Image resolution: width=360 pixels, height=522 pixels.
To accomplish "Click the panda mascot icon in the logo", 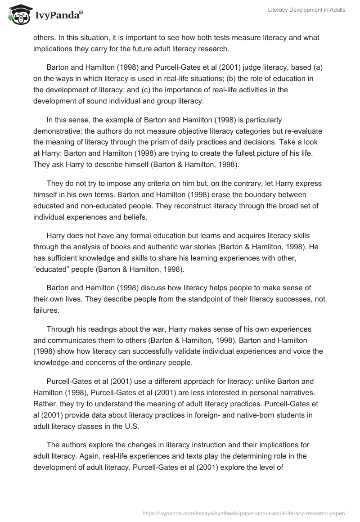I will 17,15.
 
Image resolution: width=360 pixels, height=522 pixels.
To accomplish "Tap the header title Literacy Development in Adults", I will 306,10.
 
